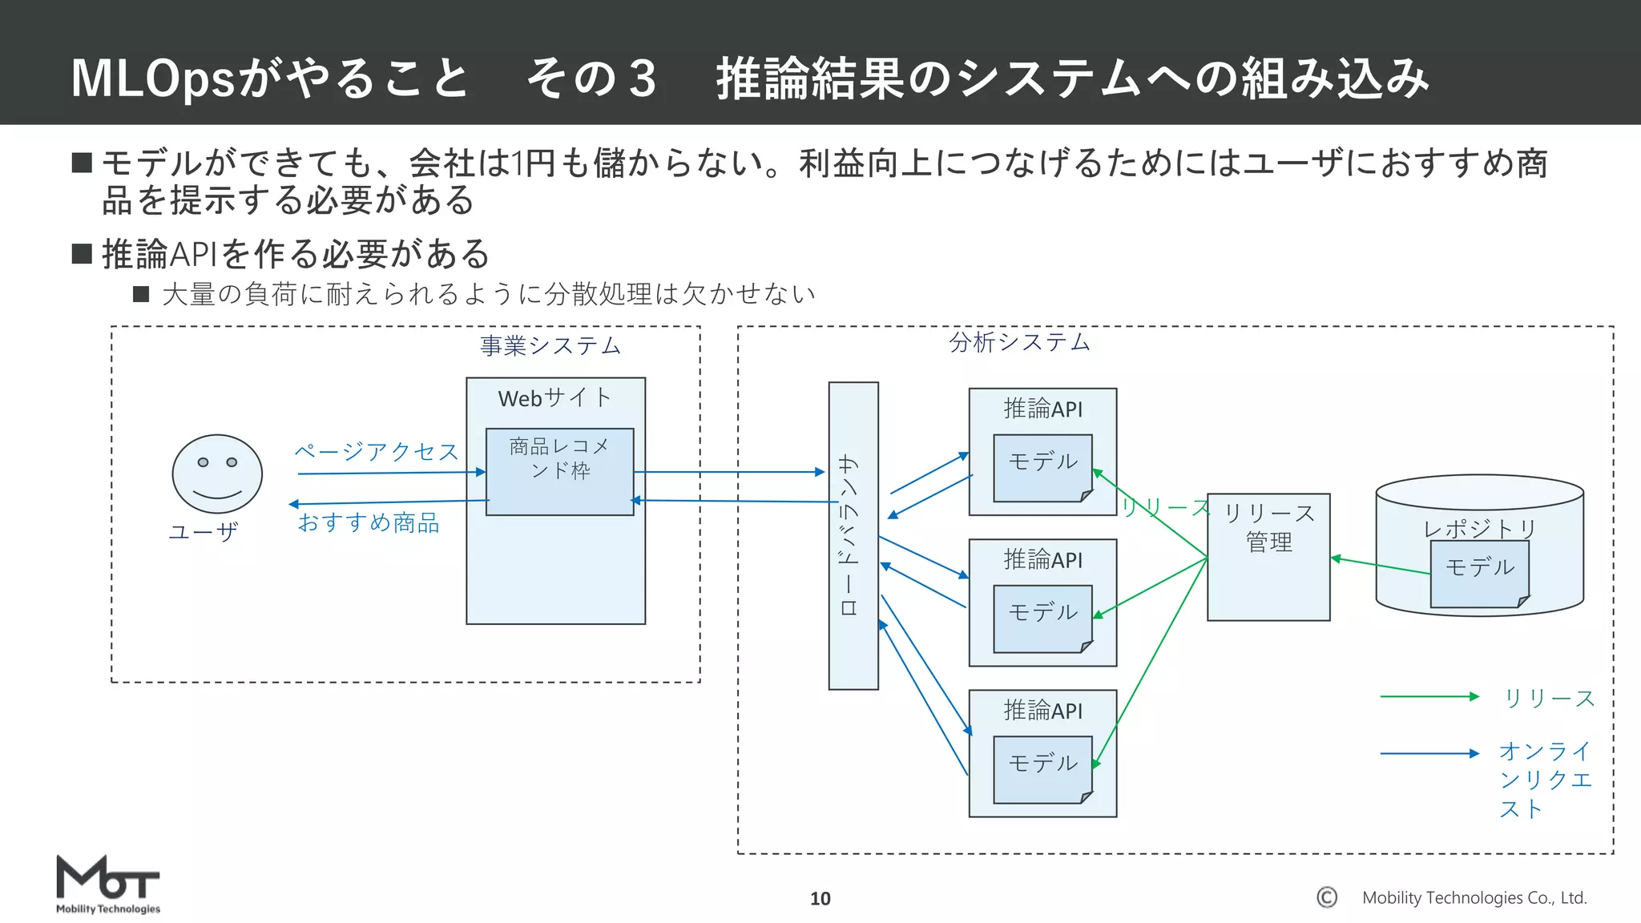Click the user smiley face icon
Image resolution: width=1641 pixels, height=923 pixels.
click(x=217, y=474)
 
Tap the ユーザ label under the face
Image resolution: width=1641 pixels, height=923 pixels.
click(x=203, y=531)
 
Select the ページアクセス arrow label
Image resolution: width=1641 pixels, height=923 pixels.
click(x=376, y=452)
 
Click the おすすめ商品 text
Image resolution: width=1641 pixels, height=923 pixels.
click(x=369, y=523)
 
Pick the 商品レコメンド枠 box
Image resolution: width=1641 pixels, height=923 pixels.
click(x=559, y=471)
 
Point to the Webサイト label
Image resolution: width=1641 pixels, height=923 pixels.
click(x=554, y=398)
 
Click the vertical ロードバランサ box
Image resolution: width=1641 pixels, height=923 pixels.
click(x=853, y=535)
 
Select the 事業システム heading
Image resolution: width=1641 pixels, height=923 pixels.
click(x=550, y=346)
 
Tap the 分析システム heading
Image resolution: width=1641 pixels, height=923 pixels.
click(x=1019, y=342)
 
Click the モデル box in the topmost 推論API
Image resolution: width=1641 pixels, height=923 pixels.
click(x=1042, y=467)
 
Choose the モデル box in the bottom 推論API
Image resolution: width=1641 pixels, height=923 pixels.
click(x=1042, y=768)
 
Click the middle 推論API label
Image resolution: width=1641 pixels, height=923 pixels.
click(x=1042, y=559)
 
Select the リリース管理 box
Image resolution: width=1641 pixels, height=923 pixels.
click(x=1268, y=556)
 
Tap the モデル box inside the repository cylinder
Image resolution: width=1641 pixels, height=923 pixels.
click(x=1479, y=572)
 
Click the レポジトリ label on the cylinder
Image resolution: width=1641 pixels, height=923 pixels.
click(x=1479, y=528)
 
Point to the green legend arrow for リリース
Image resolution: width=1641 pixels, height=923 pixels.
click(x=1429, y=697)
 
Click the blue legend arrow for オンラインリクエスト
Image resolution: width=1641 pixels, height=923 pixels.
click(x=1429, y=753)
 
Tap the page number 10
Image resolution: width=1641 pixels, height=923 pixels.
click(x=820, y=898)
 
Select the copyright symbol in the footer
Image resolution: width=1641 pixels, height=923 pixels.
click(x=1327, y=897)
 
